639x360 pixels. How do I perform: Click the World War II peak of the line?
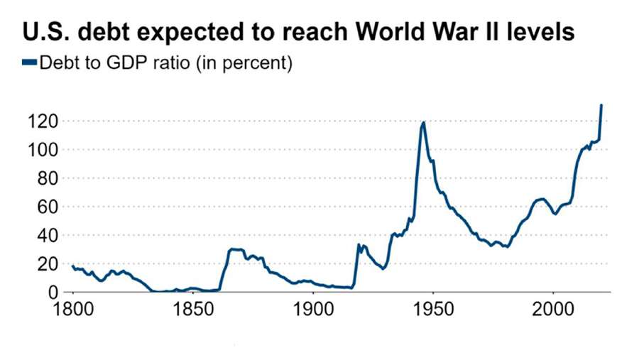(424, 122)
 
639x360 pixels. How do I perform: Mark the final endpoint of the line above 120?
(601, 105)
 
